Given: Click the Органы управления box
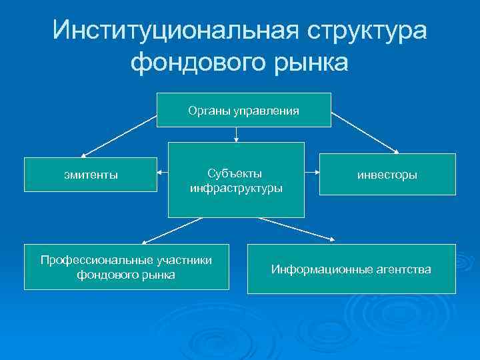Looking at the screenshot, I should point(243,110).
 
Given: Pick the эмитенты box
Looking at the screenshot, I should point(88,175).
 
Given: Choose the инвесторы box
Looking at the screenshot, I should point(387,175).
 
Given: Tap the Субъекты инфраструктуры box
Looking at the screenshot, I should point(236,180).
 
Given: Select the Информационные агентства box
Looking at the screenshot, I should point(351,269).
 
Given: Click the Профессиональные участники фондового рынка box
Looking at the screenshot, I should point(126,267).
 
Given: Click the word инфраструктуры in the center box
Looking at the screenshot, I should point(236,188).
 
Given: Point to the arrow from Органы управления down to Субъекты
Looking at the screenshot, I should point(236,134).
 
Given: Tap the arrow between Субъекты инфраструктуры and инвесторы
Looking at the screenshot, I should point(311,172).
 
